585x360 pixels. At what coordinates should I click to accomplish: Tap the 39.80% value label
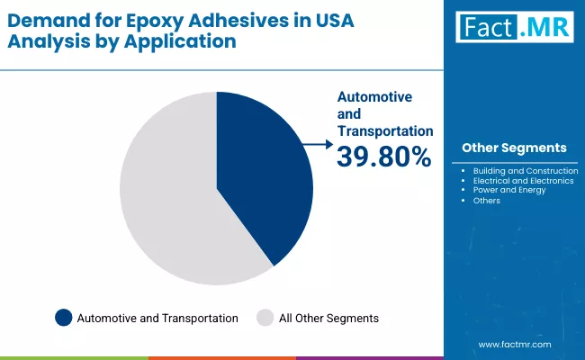click(383, 157)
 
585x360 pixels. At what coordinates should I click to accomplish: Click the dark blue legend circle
click(63, 318)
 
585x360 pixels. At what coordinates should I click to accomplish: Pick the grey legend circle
click(265, 318)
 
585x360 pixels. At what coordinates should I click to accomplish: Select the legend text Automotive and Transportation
click(157, 318)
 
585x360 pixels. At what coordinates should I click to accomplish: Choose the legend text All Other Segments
click(329, 318)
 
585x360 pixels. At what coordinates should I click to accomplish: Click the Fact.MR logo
click(514, 28)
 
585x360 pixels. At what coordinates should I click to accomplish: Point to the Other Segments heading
click(514, 148)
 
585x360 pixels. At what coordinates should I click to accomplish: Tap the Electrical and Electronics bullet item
click(523, 180)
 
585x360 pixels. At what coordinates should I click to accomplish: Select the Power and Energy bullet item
click(508, 190)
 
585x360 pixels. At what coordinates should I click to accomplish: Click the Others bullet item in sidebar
click(486, 200)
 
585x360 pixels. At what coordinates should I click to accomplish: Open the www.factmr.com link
click(514, 345)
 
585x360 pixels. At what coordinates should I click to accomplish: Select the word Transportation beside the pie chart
click(384, 131)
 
